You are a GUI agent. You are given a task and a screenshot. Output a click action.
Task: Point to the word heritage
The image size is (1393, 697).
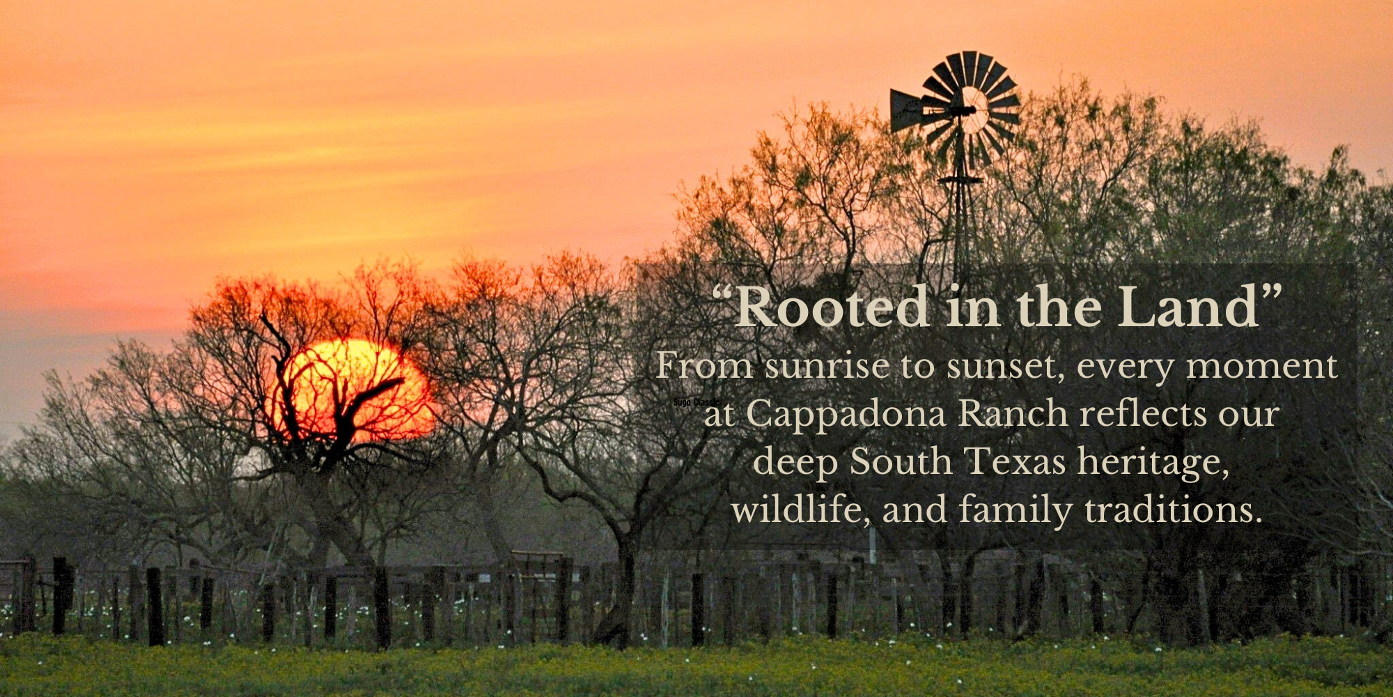[1153, 463]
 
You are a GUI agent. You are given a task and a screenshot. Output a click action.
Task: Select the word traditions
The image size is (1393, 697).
[1173, 511]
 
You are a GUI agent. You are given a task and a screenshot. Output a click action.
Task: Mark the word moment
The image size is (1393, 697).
[1261, 367]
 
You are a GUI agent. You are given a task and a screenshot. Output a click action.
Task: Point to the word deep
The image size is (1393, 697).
[795, 463]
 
